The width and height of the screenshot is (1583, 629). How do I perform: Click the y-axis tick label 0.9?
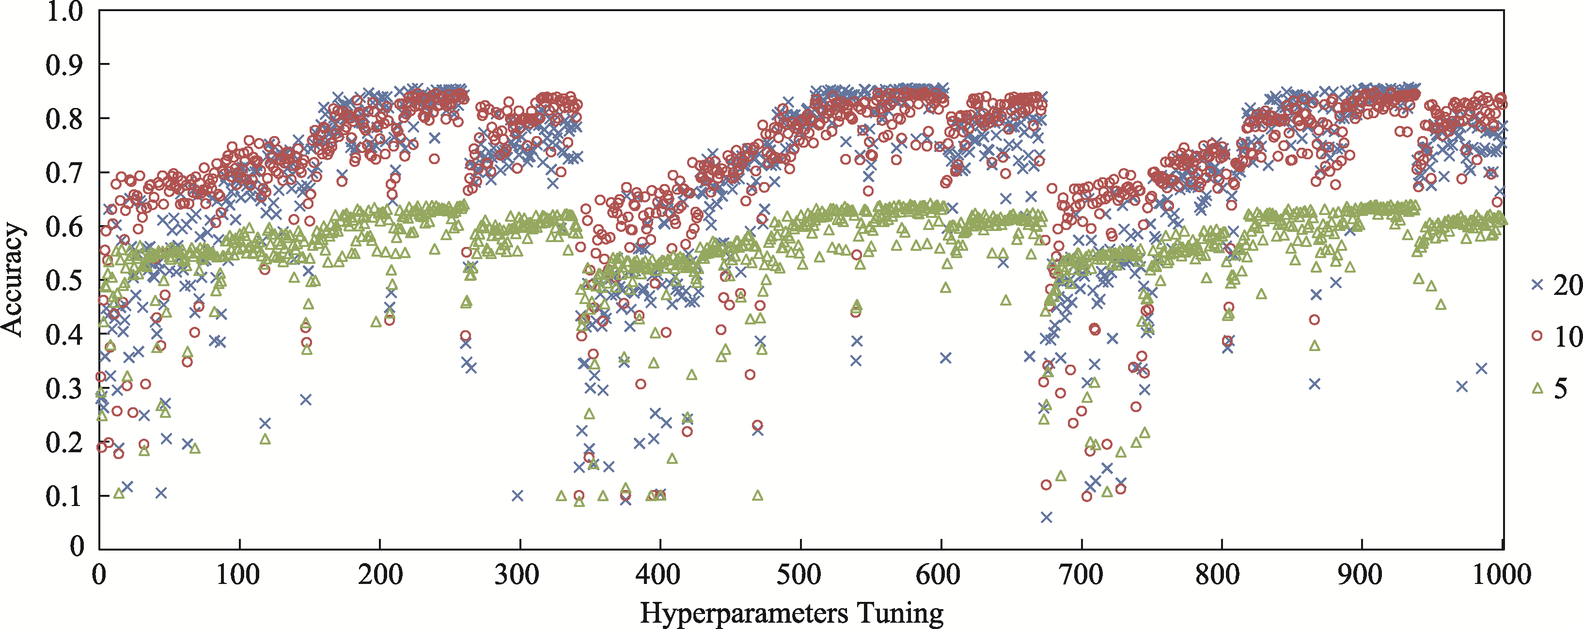[x=64, y=64]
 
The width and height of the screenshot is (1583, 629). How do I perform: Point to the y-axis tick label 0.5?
[x=64, y=281]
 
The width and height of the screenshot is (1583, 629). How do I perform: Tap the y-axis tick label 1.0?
[x=64, y=11]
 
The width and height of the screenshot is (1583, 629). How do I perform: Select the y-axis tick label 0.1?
[x=64, y=496]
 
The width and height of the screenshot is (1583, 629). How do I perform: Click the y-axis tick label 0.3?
[x=64, y=389]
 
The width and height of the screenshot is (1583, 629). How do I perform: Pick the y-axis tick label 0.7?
[x=64, y=172]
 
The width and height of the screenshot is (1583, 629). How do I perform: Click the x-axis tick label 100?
[x=239, y=575]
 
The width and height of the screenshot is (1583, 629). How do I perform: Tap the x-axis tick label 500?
[x=801, y=575]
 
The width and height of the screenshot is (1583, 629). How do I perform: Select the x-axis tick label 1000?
[x=1502, y=575]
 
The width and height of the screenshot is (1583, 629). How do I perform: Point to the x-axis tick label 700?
[x=1081, y=575]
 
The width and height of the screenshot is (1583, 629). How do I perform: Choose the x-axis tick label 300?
[x=520, y=575]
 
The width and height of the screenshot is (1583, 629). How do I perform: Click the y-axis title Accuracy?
[x=12, y=279]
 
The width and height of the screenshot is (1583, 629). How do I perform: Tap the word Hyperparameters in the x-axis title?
[x=744, y=613]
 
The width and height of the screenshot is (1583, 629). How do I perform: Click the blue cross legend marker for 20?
[x=1537, y=284]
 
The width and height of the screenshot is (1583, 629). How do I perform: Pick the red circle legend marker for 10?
[x=1537, y=336]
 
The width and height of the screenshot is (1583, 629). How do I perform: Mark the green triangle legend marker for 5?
[x=1537, y=387]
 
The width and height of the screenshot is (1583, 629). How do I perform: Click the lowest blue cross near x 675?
[x=1046, y=517]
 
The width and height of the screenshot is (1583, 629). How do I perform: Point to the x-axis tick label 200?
[x=379, y=575]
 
